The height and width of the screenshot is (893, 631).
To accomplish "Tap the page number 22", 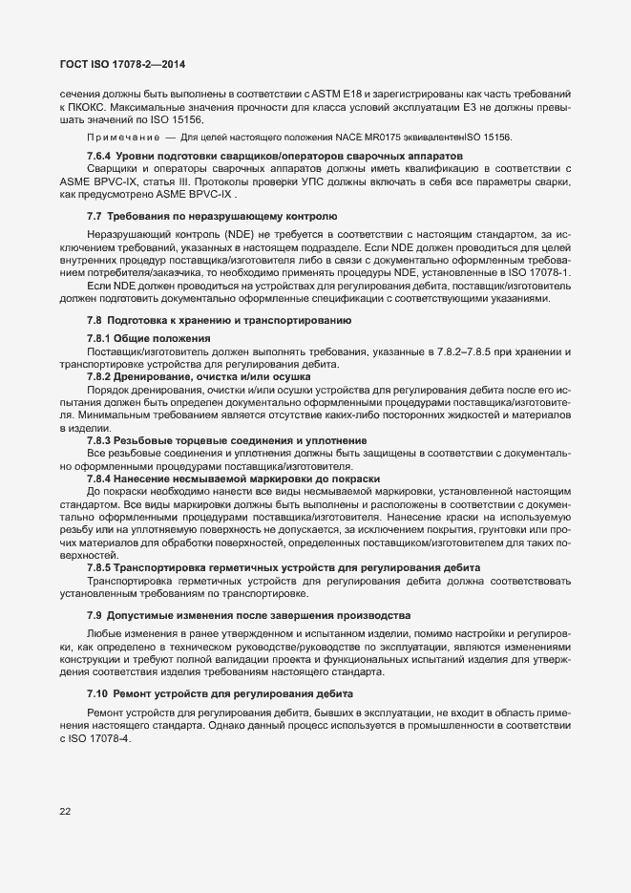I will coord(65,812).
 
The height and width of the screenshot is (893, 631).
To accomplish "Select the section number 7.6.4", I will coord(101,155).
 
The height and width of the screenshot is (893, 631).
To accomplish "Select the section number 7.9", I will coord(95,615).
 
